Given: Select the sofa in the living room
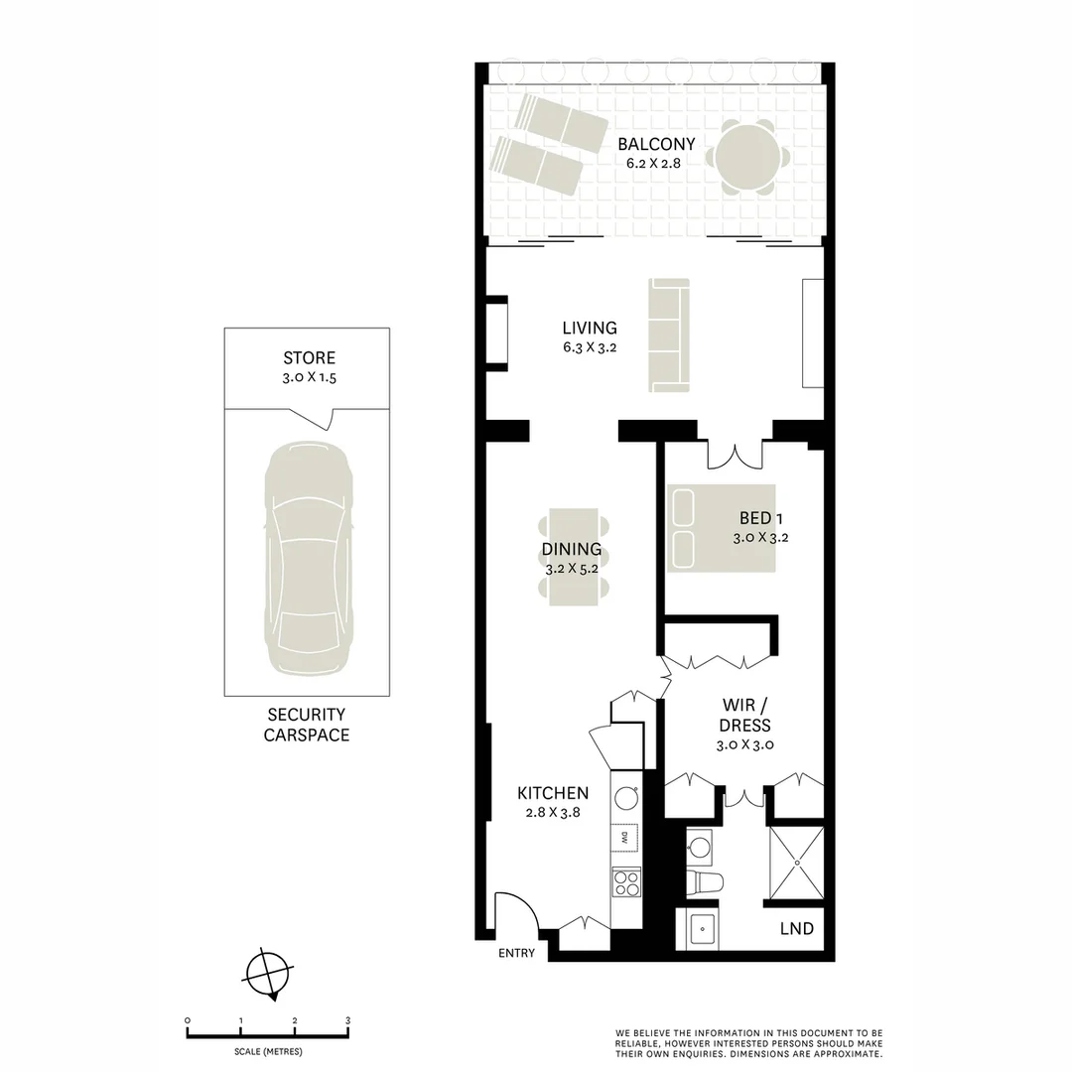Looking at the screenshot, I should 668,335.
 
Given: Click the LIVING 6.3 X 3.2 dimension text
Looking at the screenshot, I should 589,347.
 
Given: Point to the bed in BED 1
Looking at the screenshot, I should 720,528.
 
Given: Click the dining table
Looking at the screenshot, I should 573,556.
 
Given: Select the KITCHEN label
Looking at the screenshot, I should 553,793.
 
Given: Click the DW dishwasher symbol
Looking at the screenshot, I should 625,839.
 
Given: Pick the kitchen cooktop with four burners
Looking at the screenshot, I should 625,881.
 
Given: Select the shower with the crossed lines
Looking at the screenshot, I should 796,865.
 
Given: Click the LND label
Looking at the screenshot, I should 797,929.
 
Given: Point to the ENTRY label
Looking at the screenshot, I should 516,953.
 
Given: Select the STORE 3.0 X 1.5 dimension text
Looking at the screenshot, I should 309,378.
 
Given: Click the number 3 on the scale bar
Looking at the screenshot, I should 347,1020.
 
